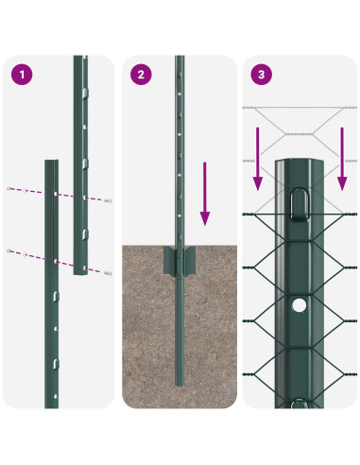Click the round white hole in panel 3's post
300,305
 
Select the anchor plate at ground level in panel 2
180,260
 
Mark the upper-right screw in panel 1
110,201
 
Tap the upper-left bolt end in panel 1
9,188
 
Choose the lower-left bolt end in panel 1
9,250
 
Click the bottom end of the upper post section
82,271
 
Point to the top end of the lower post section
53,163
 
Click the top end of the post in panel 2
180,60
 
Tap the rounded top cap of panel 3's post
300,164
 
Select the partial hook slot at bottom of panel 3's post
300,404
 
